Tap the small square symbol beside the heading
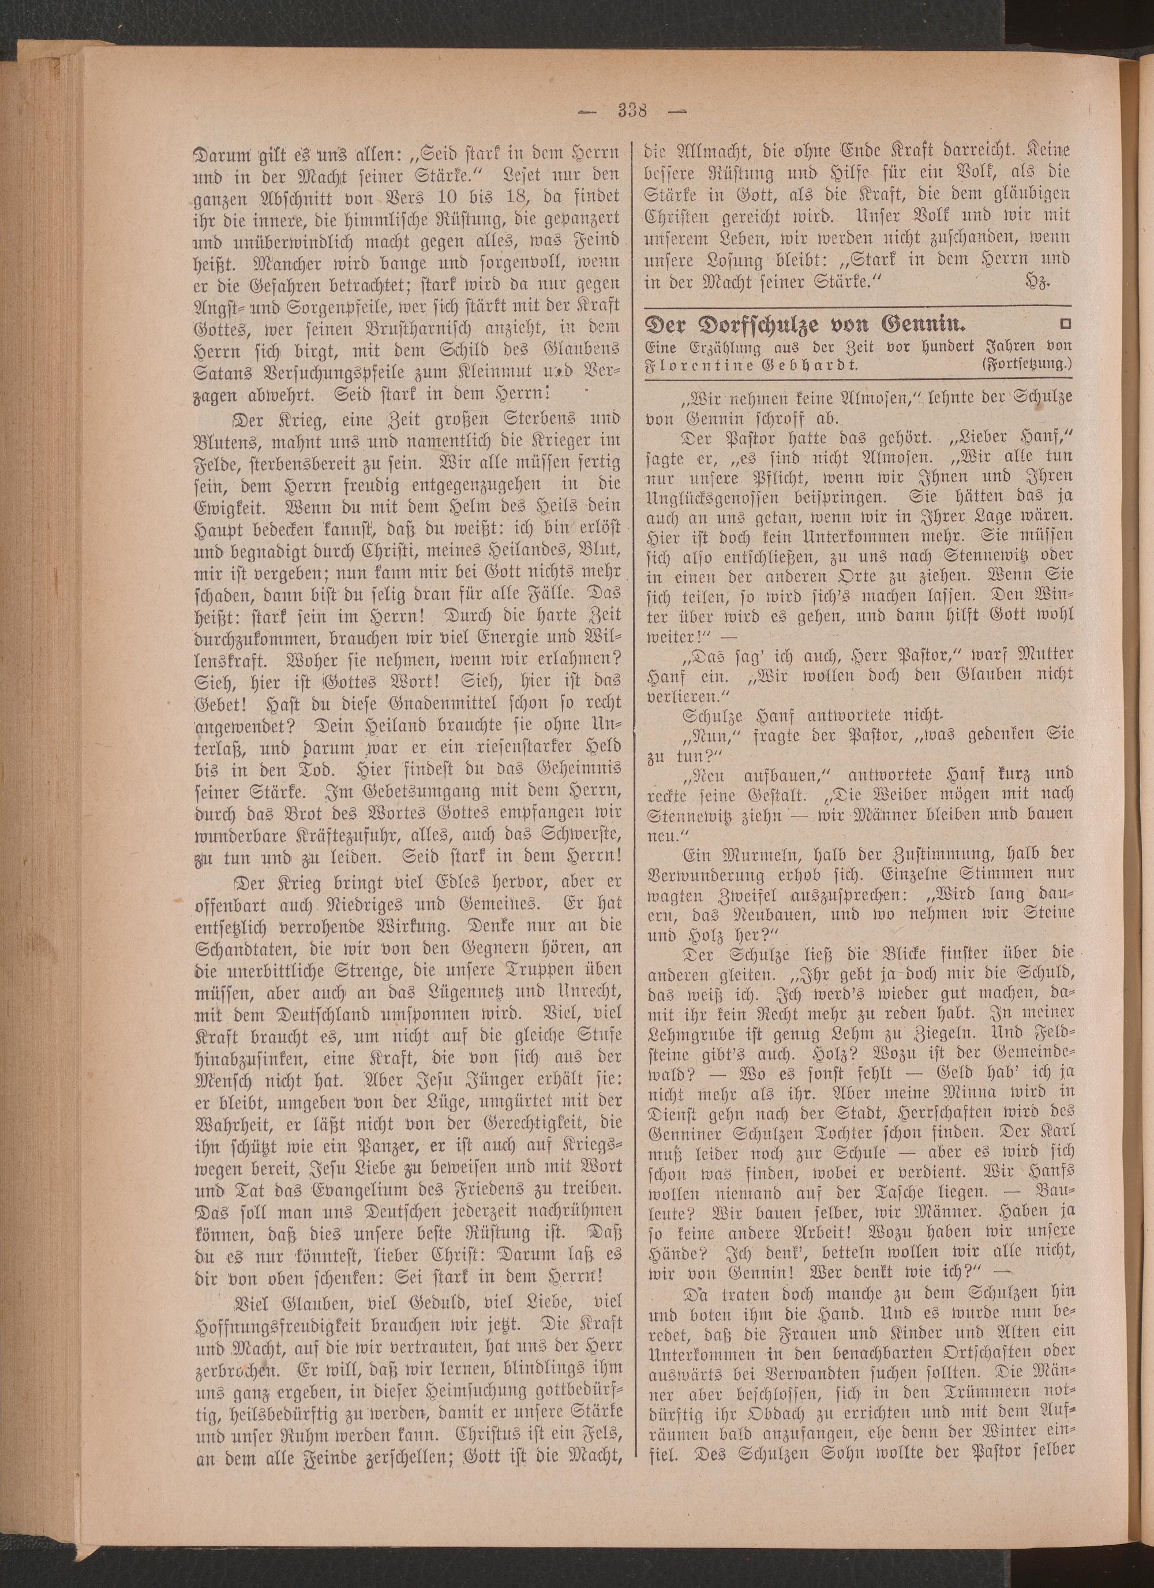pyautogui.click(x=1066, y=323)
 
